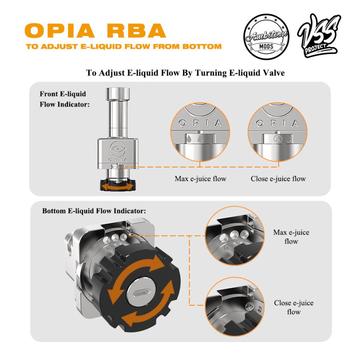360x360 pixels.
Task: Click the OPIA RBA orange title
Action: click(95, 30)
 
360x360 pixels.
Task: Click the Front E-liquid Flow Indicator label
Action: click(64, 99)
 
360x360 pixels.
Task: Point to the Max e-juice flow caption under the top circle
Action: click(200, 179)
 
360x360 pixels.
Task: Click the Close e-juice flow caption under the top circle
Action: click(278, 179)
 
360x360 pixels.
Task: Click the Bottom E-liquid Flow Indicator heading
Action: click(94, 211)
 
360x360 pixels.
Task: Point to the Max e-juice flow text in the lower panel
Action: click(291, 237)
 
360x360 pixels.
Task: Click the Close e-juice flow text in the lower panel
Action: click(294, 307)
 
